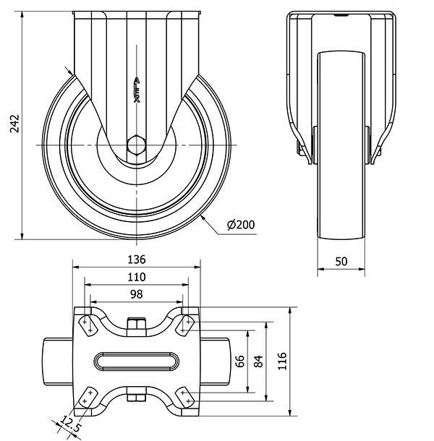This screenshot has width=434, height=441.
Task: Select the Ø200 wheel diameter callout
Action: [241, 225]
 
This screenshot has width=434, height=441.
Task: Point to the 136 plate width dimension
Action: [137, 260]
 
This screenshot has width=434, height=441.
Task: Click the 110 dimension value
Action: [137, 277]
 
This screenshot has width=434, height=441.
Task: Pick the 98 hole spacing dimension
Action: [137, 294]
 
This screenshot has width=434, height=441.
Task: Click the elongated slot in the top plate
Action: [137, 359]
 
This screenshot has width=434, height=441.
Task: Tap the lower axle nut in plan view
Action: [137, 396]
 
